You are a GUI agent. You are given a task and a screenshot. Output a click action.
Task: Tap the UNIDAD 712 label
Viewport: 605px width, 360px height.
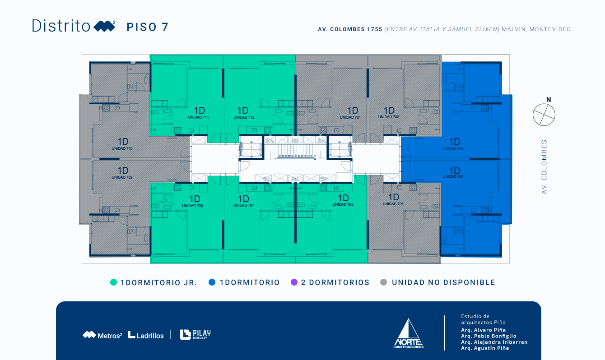click(244, 117)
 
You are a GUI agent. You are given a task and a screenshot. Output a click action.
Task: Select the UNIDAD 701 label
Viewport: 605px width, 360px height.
click(350, 117)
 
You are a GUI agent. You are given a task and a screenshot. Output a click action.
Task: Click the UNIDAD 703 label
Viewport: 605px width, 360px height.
click(453, 149)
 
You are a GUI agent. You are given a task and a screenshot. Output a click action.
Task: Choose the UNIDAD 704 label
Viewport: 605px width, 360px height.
click(453, 176)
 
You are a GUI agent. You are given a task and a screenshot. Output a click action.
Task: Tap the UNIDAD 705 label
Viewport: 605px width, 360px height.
click(393, 204)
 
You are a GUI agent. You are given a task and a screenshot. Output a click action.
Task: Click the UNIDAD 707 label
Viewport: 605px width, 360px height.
click(244, 205)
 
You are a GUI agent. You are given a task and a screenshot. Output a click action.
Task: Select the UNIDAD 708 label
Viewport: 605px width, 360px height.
click(192, 206)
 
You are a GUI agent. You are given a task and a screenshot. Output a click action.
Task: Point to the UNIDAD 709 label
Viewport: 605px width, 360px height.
click(122, 177)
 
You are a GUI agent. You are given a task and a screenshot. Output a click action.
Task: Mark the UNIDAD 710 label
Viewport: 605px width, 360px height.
click(122, 148)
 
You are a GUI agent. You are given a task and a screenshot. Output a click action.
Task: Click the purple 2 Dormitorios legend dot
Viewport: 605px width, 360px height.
click(294, 282)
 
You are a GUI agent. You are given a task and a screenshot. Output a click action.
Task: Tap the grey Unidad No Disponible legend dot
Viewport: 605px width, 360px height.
click(384, 282)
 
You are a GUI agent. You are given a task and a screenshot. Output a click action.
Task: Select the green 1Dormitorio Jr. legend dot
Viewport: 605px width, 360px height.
click(113, 282)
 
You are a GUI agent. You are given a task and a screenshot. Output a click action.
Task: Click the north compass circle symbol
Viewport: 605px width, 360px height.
click(544, 115)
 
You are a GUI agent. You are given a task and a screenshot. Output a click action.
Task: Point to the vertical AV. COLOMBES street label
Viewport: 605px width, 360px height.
click(544, 166)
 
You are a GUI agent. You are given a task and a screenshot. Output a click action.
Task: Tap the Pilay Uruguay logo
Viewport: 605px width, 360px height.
click(195, 334)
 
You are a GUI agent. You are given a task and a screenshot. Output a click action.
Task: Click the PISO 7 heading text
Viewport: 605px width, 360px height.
click(147, 27)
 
